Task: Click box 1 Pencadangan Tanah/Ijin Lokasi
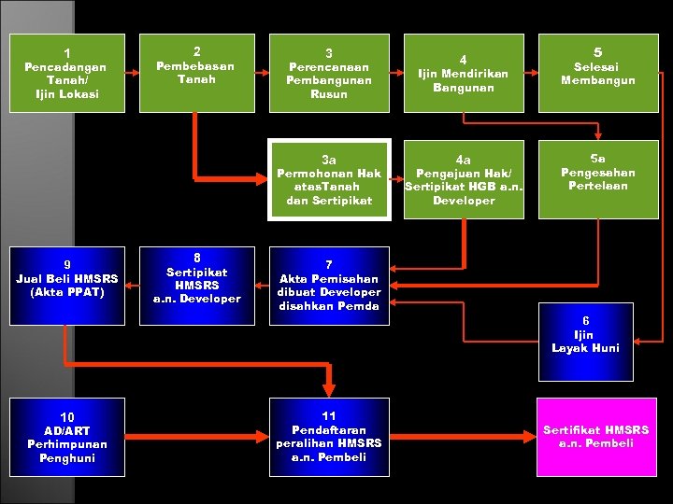click(x=65, y=74)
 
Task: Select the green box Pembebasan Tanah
click(x=195, y=74)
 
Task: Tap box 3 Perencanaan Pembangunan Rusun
click(x=329, y=74)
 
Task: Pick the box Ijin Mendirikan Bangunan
click(x=463, y=74)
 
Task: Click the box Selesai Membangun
click(x=597, y=74)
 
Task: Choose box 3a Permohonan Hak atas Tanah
click(x=329, y=180)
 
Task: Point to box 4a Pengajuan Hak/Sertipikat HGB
click(x=463, y=180)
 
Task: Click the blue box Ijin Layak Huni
click(x=585, y=342)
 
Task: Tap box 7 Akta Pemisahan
click(x=329, y=286)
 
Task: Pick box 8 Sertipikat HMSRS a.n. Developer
click(x=196, y=286)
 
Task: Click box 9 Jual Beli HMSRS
click(x=65, y=286)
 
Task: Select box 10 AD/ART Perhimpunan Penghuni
click(x=65, y=436)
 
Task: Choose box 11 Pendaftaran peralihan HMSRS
click(x=329, y=436)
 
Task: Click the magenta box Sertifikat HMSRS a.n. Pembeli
click(x=596, y=436)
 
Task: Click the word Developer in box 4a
click(x=464, y=200)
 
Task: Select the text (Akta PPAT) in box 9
click(x=65, y=291)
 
